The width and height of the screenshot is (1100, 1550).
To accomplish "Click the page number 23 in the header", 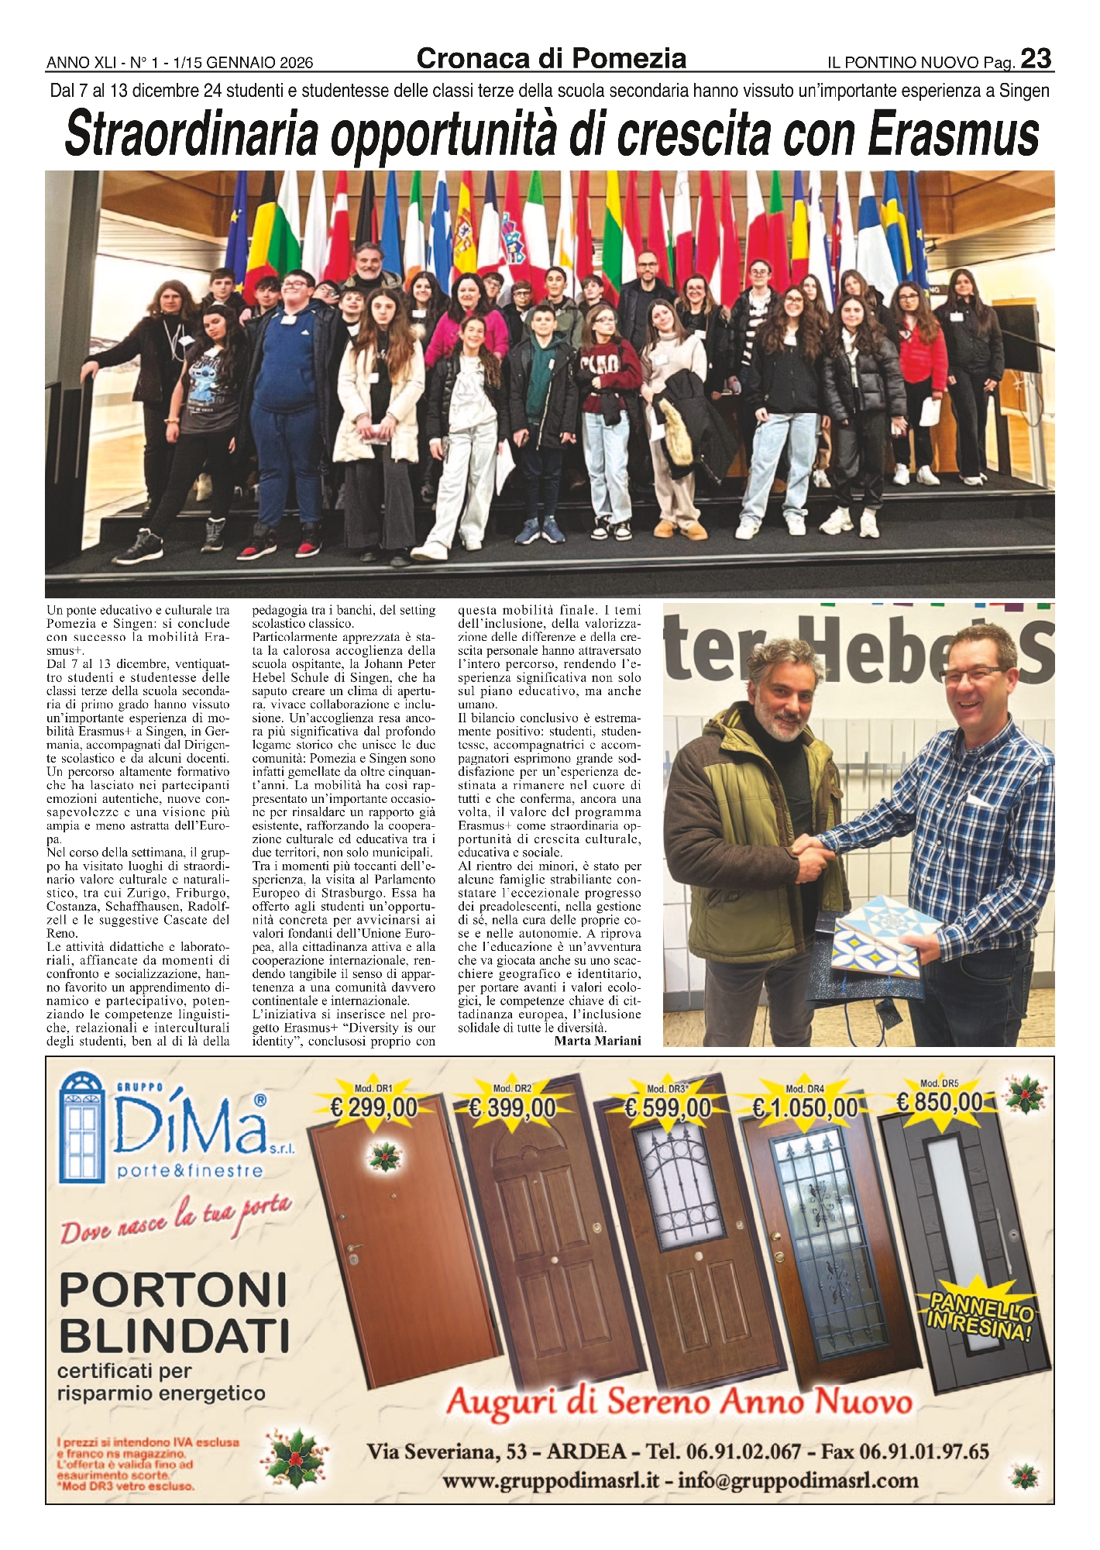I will pos(1036,59).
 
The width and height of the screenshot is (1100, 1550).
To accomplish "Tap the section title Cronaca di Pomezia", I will pos(551,58).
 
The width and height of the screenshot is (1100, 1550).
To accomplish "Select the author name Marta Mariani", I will pos(597,1041).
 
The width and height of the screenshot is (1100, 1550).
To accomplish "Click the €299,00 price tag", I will pos(373,1108).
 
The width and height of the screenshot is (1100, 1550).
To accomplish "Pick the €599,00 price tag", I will pos(668,1108).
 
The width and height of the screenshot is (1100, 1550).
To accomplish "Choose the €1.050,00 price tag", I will pos(806,1108).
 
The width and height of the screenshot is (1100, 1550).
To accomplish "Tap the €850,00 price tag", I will pos(940,1101).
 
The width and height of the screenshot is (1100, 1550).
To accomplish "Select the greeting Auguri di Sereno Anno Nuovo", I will pos(680,1401).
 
